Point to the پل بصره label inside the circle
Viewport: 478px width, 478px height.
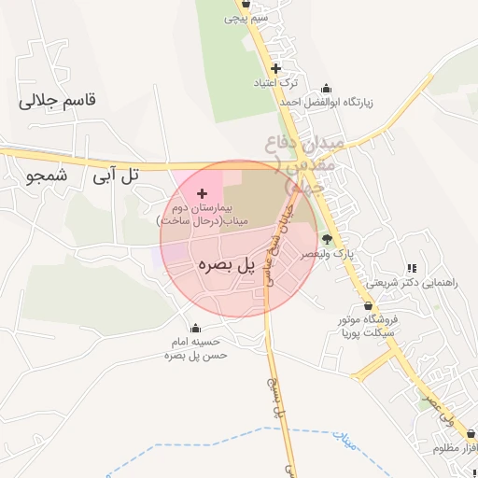coord(227,265)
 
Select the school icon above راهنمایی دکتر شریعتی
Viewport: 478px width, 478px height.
coord(412,268)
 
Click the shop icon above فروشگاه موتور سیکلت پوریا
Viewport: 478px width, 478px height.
coord(368,306)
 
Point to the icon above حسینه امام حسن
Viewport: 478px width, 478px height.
coord(195,328)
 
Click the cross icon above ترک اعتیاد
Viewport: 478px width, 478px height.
coord(275,68)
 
